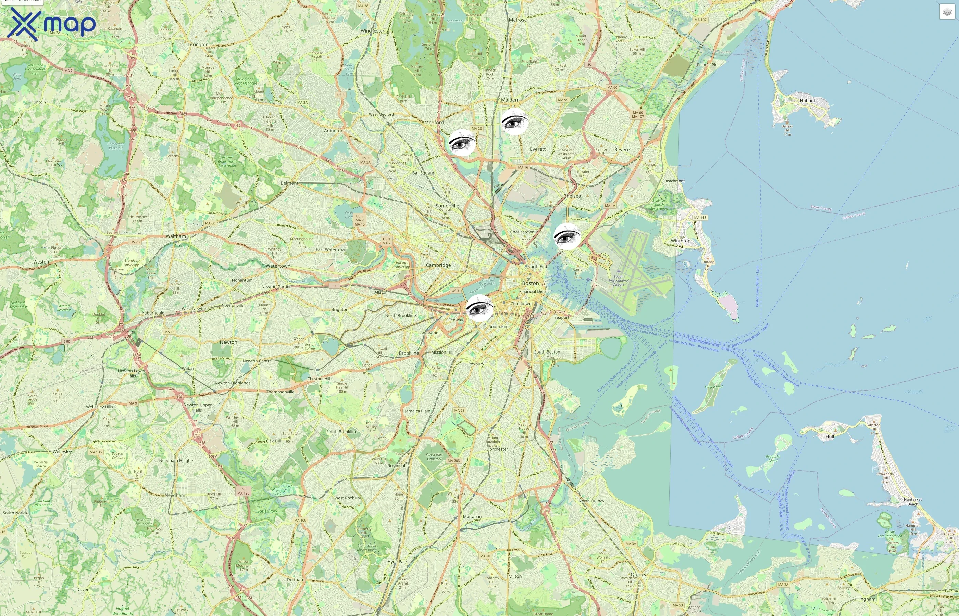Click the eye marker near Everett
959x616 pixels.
[x=515, y=121]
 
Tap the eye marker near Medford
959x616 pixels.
[x=462, y=143]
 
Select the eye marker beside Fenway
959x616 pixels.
[x=480, y=308]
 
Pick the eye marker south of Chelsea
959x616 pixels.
[x=567, y=237]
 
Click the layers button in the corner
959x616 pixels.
[x=947, y=12]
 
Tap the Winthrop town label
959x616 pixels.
[x=681, y=241]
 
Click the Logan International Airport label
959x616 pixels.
[x=619, y=280]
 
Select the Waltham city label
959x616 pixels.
[x=176, y=236]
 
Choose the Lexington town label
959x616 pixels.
[x=198, y=45]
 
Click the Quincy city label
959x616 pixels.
[x=638, y=574]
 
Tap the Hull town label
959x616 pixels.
[x=830, y=436]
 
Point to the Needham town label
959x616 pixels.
[x=175, y=495]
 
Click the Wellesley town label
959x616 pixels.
[x=62, y=452]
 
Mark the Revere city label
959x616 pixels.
[x=622, y=150]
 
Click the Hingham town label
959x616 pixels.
[x=866, y=599]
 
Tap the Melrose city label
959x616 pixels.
[x=518, y=20]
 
